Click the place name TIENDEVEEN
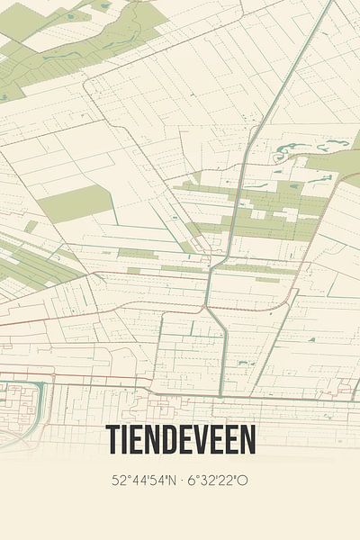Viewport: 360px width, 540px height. tap(180, 439)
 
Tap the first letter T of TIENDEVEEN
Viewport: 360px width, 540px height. tap(113, 439)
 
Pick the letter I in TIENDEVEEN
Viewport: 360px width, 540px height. tap(126, 439)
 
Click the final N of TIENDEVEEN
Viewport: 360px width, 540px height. tap(247, 439)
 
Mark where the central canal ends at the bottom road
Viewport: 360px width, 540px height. tap(220, 393)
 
